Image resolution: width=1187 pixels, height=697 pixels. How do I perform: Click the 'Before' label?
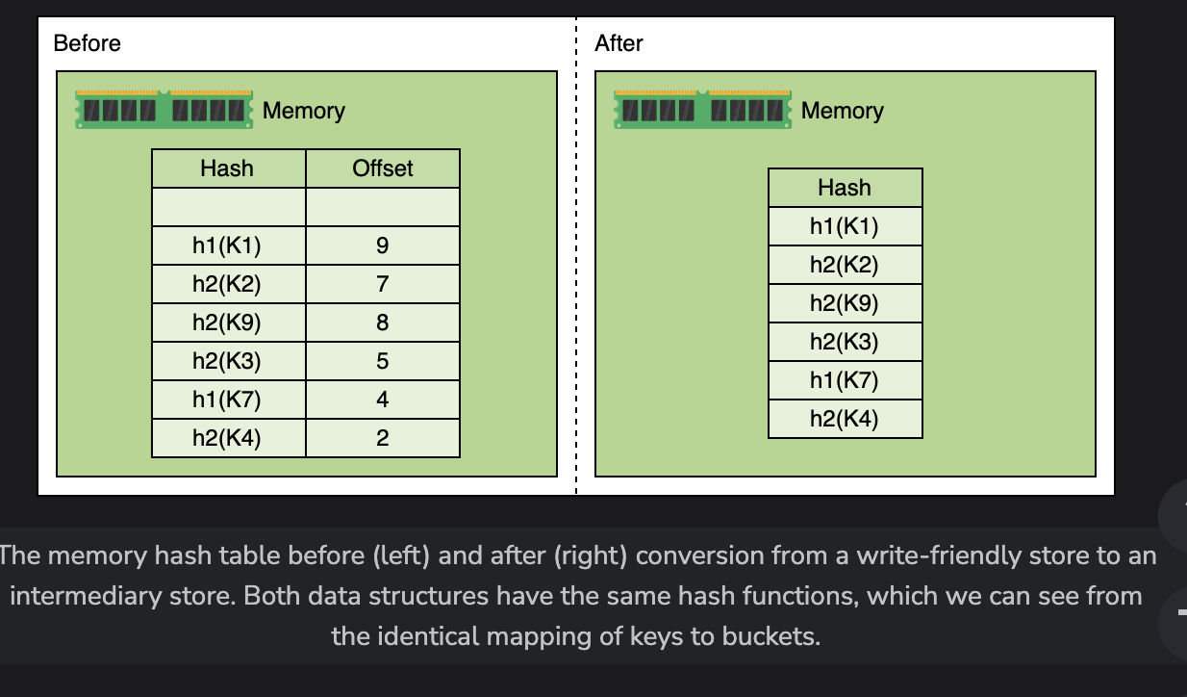point(87,43)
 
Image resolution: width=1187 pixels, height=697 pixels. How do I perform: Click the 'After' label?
point(619,43)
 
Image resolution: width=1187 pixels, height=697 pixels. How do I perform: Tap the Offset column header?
point(383,168)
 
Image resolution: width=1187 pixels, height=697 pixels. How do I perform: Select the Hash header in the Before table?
point(228,168)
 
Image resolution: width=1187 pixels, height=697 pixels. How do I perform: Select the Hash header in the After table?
point(846,188)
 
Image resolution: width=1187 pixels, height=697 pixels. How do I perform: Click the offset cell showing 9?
point(383,245)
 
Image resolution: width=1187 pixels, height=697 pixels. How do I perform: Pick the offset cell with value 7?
point(383,284)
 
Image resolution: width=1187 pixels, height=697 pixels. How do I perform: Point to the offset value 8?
point(383,323)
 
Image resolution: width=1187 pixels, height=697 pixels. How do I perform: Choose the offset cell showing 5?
point(383,361)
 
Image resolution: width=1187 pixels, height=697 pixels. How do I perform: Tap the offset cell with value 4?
point(383,400)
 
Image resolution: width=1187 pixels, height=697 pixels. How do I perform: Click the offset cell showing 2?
point(383,438)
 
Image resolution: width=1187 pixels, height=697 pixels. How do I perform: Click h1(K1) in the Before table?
point(227,245)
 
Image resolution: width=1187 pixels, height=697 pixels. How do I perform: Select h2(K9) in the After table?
point(845,303)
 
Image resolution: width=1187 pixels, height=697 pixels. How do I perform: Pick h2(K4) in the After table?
point(845,419)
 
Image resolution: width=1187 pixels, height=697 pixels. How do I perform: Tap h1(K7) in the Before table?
point(227,400)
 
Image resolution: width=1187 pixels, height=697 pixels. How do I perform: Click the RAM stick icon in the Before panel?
point(164,110)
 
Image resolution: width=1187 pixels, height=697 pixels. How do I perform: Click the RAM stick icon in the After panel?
point(702,110)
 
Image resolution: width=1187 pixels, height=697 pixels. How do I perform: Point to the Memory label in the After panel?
point(842,111)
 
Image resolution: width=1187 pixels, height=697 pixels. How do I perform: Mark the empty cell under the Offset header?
point(383,207)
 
